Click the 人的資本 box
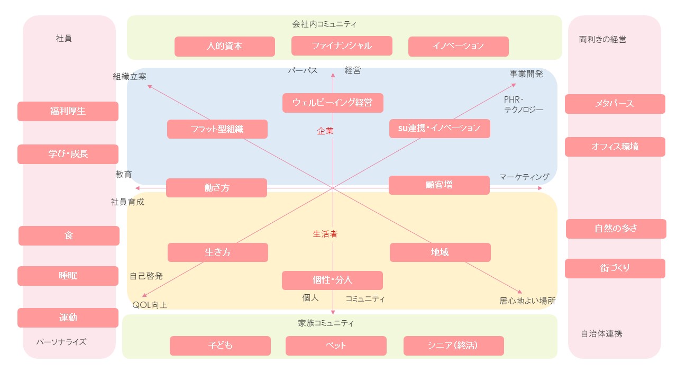(224, 46)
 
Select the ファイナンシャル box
(341, 46)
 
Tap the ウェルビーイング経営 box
(332, 103)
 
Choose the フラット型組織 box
(217, 129)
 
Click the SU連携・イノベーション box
(439, 129)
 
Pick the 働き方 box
(216, 188)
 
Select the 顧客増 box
(438, 185)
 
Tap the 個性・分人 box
(332, 280)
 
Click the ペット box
(336, 346)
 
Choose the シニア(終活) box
(453, 346)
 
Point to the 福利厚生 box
(68, 112)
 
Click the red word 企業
(325, 131)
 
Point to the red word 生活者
(325, 234)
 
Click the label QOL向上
(150, 305)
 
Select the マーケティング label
(524, 177)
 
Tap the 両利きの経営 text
(602, 39)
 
